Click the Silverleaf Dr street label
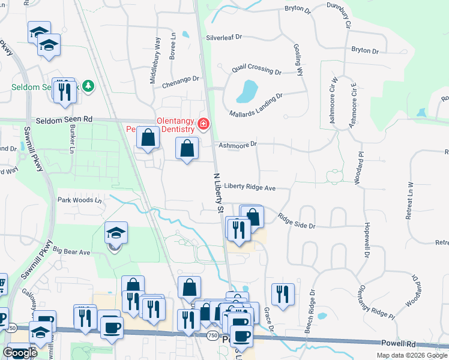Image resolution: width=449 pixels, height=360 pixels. pos(224,37)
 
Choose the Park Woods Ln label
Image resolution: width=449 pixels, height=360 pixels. pos(80,199)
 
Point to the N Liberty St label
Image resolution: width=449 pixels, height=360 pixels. pos(218,193)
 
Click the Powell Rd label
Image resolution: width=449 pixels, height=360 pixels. pos(399,343)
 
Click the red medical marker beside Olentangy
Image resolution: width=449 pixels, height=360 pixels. pos(203,124)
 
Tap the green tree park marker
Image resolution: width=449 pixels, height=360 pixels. pos(88,86)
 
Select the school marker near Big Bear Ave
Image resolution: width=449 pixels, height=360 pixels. pos(116,234)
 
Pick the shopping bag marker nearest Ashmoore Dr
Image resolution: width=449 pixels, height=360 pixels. pos(187,148)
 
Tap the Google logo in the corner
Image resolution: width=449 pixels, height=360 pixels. pos(20,353)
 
